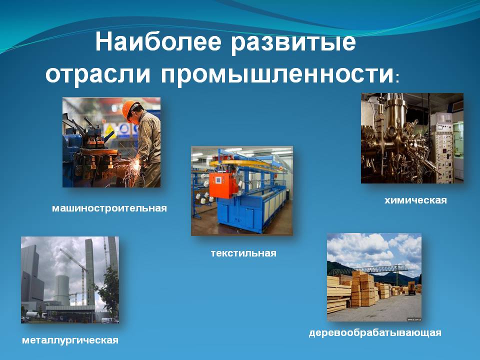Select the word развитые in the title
tap(293, 43)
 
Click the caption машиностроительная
tap(109, 208)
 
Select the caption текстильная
tap(243, 253)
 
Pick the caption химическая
tap(415, 200)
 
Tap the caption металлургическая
tap(70, 340)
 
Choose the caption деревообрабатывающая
tap(375, 333)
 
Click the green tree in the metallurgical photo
tap(108, 293)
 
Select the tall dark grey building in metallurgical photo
tap(31, 275)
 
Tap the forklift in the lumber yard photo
tap(411, 288)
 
